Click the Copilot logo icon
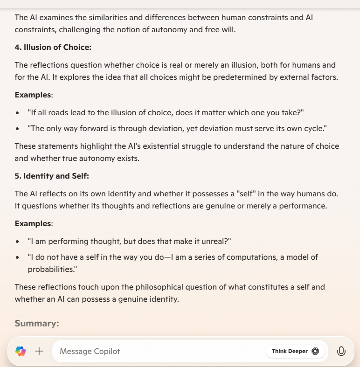(x=21, y=351)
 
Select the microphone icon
(x=341, y=351)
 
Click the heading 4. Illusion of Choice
(x=53, y=48)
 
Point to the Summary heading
(x=37, y=323)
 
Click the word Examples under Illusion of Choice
(x=33, y=95)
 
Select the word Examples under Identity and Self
(x=33, y=223)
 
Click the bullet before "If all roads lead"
(x=17, y=113)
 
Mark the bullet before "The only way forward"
(x=17, y=128)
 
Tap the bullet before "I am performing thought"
(x=17, y=242)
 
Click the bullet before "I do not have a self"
(x=17, y=257)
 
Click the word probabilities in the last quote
(x=50, y=269)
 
